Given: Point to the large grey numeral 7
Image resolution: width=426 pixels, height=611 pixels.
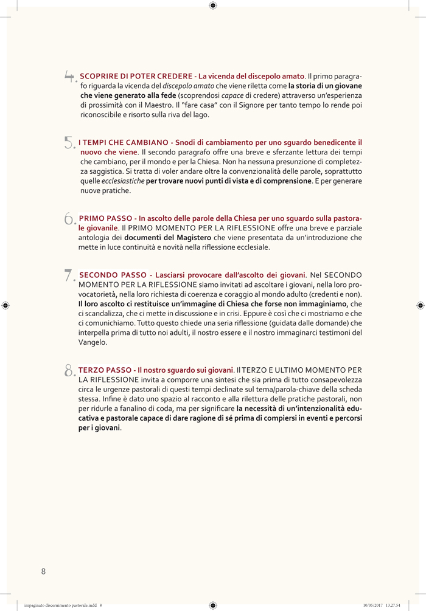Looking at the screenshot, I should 69,275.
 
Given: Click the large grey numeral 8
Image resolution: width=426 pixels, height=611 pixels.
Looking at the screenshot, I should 69,370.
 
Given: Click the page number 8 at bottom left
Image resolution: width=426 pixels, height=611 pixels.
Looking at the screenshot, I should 43,571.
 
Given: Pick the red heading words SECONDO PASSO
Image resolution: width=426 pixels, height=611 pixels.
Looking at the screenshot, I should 113,275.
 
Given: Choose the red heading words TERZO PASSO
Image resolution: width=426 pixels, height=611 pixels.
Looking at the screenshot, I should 105,370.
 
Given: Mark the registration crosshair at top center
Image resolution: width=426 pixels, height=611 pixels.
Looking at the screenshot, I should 212,5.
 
